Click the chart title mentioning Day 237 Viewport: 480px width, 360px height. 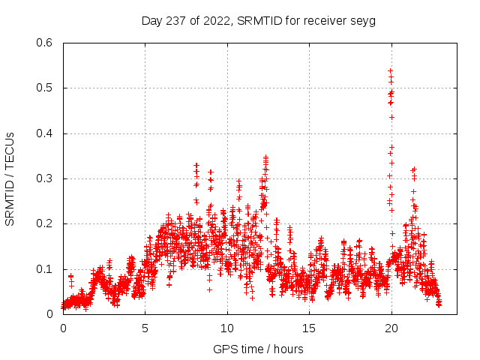258,21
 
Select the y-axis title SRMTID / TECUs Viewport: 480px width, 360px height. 10,178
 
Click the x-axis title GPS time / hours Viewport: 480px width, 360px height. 258,349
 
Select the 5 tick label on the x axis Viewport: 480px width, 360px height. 145,328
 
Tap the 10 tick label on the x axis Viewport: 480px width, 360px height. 227,328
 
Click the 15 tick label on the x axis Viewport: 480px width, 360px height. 309,328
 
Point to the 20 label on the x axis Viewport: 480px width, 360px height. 391,328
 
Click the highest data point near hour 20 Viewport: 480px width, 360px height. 391,70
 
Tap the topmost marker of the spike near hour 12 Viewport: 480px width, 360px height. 265,157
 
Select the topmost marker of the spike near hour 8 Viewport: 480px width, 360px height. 196,165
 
